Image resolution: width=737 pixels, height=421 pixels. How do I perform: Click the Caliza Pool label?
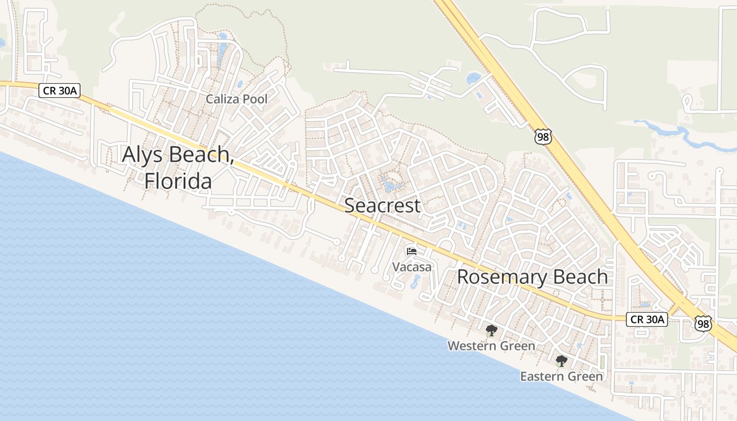[x=236, y=99]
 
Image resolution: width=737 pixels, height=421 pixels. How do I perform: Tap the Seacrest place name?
[x=382, y=206]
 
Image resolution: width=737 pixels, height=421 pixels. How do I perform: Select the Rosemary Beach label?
[x=532, y=277]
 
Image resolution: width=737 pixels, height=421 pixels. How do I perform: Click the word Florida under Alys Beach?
[x=178, y=181]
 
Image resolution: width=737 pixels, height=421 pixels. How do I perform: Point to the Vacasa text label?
[x=412, y=267]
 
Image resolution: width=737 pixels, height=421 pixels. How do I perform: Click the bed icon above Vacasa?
[x=412, y=251]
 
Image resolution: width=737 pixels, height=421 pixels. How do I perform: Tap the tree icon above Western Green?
[x=491, y=330]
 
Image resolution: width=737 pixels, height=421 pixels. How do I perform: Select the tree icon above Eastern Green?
[x=562, y=361]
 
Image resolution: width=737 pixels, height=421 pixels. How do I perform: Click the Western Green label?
[x=491, y=346]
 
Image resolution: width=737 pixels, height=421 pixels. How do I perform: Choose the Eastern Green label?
[x=562, y=376]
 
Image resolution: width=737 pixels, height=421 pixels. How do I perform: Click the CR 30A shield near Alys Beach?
[x=59, y=91]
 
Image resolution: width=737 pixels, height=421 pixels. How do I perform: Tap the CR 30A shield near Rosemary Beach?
[x=646, y=319]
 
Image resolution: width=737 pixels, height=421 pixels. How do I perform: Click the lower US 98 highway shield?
[x=702, y=323]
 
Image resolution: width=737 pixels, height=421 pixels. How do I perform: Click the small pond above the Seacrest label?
[x=390, y=186]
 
